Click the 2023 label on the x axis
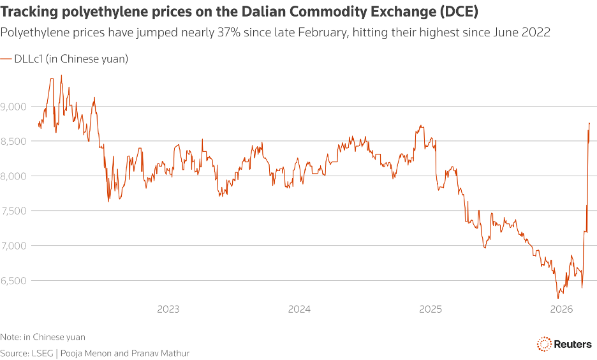168,310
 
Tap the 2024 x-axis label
299,310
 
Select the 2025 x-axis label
431,310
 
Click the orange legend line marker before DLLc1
6,59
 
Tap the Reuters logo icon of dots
544,343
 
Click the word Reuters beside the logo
573,343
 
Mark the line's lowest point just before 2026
558,297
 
